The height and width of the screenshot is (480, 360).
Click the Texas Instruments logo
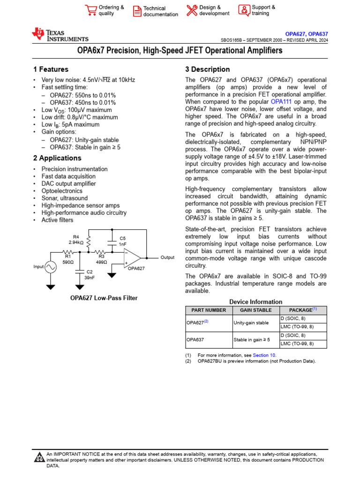(60, 35)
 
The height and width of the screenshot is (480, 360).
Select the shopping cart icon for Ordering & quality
(90, 10)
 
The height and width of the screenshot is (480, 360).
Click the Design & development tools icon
(192, 10)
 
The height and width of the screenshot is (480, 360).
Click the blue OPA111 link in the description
(278, 102)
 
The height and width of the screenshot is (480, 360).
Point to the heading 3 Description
(208, 69)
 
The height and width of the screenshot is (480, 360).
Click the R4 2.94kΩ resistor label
(76, 240)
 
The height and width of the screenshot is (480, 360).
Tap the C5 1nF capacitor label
(123, 241)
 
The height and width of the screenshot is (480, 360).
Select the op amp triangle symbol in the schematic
(132, 257)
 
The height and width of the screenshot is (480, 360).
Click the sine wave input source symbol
(51, 267)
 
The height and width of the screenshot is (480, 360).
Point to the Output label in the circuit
(167, 257)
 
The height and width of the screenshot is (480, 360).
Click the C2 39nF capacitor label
(89, 275)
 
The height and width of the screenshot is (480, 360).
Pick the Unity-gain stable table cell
(251, 322)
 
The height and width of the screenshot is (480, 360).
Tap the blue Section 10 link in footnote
(264, 355)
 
